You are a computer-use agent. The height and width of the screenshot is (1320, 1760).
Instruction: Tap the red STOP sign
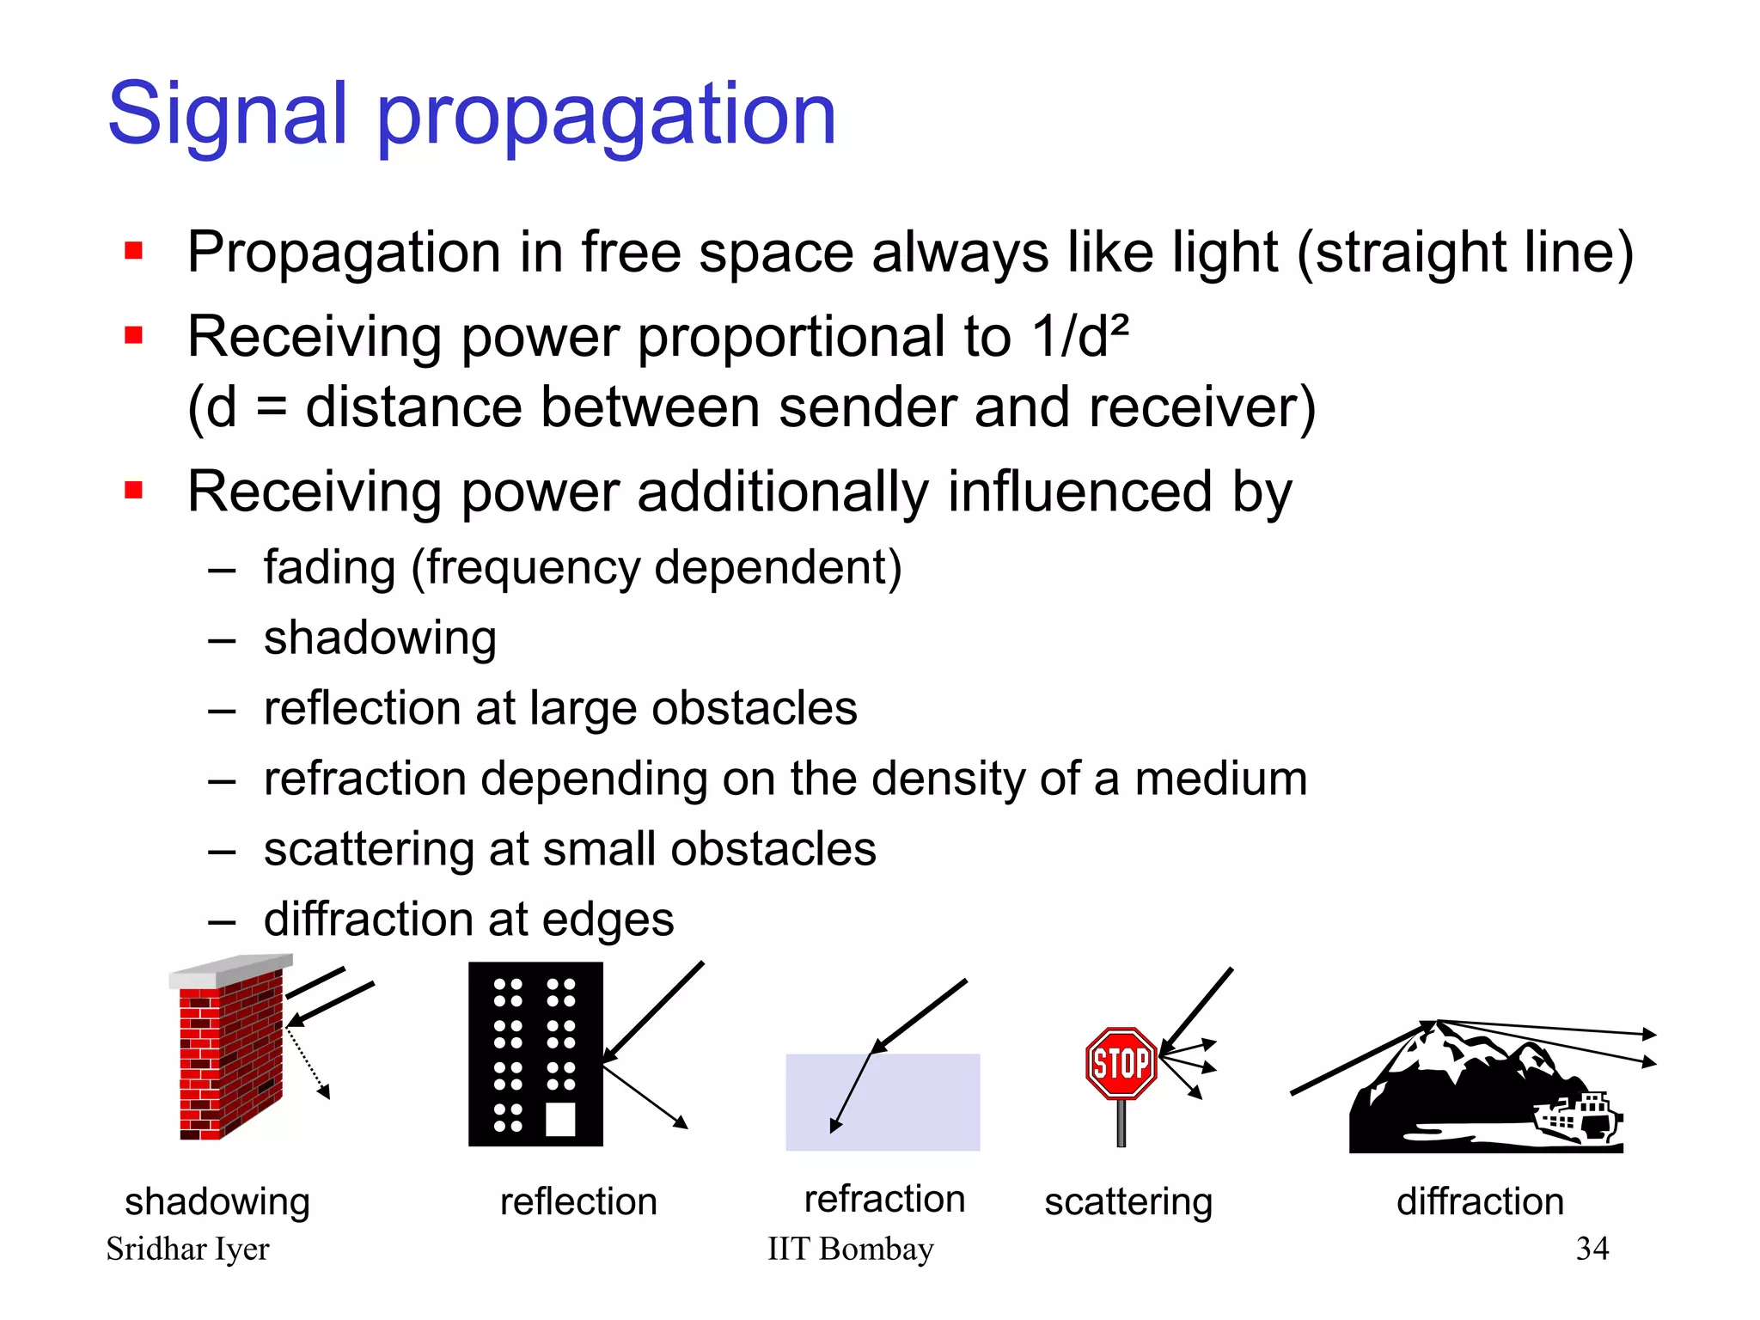click(1121, 1063)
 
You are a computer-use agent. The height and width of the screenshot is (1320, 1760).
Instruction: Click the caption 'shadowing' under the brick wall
click(217, 1201)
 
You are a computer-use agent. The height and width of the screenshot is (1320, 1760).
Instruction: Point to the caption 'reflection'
click(578, 1201)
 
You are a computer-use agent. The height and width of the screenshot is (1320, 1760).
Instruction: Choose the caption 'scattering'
click(1127, 1201)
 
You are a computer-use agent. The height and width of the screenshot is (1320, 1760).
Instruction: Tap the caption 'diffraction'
click(1480, 1201)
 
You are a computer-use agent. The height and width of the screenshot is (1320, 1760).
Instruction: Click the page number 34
click(1592, 1248)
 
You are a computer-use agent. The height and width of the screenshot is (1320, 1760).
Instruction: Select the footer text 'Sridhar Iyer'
click(187, 1249)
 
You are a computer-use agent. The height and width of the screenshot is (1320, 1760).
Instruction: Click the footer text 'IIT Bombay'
click(850, 1249)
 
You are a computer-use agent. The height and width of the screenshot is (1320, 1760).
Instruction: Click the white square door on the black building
click(560, 1119)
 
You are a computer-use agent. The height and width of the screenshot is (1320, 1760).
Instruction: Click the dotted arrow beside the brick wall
click(308, 1063)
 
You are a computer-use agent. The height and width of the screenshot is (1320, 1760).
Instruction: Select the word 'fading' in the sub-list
click(329, 568)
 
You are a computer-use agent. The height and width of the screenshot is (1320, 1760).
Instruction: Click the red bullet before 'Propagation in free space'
click(133, 251)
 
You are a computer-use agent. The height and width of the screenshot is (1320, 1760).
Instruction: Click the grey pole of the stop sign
click(1121, 1122)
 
